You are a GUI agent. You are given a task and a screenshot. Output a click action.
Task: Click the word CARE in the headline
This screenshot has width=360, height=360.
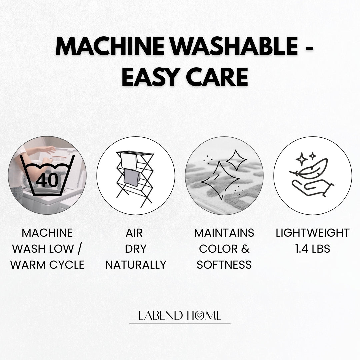tap(217, 77)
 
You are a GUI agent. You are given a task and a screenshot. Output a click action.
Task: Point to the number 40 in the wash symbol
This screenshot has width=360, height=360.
tap(47, 180)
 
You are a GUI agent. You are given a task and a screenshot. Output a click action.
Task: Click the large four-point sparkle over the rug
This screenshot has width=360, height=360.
tap(220, 180)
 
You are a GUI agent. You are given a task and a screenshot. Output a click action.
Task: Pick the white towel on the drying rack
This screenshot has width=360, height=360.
tap(129, 161)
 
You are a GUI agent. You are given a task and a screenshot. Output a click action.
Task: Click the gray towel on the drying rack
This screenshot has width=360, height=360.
tap(132, 178)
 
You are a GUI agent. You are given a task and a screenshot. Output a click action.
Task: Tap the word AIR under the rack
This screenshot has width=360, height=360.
tap(134, 233)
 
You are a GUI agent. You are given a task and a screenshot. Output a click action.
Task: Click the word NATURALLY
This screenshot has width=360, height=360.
tap(136, 265)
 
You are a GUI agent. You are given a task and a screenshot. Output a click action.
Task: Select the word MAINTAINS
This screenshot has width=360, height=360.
tap(224, 233)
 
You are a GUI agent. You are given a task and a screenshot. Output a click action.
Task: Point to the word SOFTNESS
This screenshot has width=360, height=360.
tap(224, 265)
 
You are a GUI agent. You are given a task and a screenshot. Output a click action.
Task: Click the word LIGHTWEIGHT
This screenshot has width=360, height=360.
tap(312, 233)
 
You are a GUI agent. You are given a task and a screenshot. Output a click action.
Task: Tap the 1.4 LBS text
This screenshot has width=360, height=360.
tap(312, 249)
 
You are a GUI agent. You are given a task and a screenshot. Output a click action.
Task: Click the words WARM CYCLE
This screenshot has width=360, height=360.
tap(47, 265)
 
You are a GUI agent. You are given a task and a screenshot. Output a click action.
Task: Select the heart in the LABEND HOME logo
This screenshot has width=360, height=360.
tap(200, 316)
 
